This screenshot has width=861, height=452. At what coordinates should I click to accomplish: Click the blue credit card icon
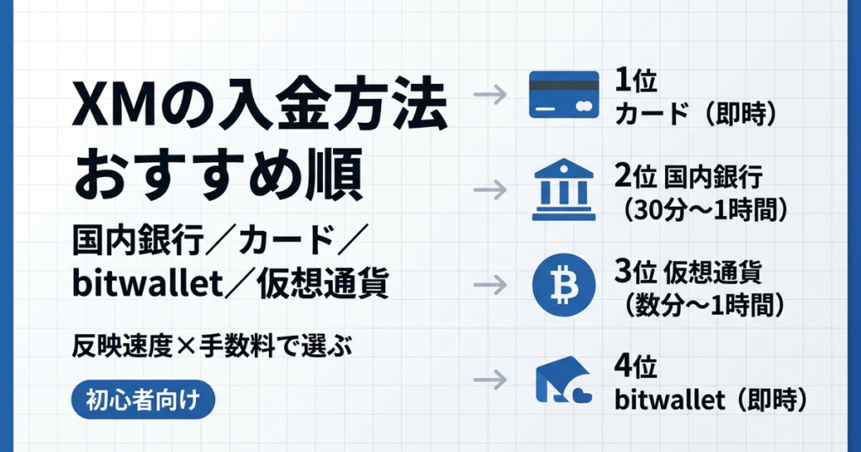click(x=563, y=94)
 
